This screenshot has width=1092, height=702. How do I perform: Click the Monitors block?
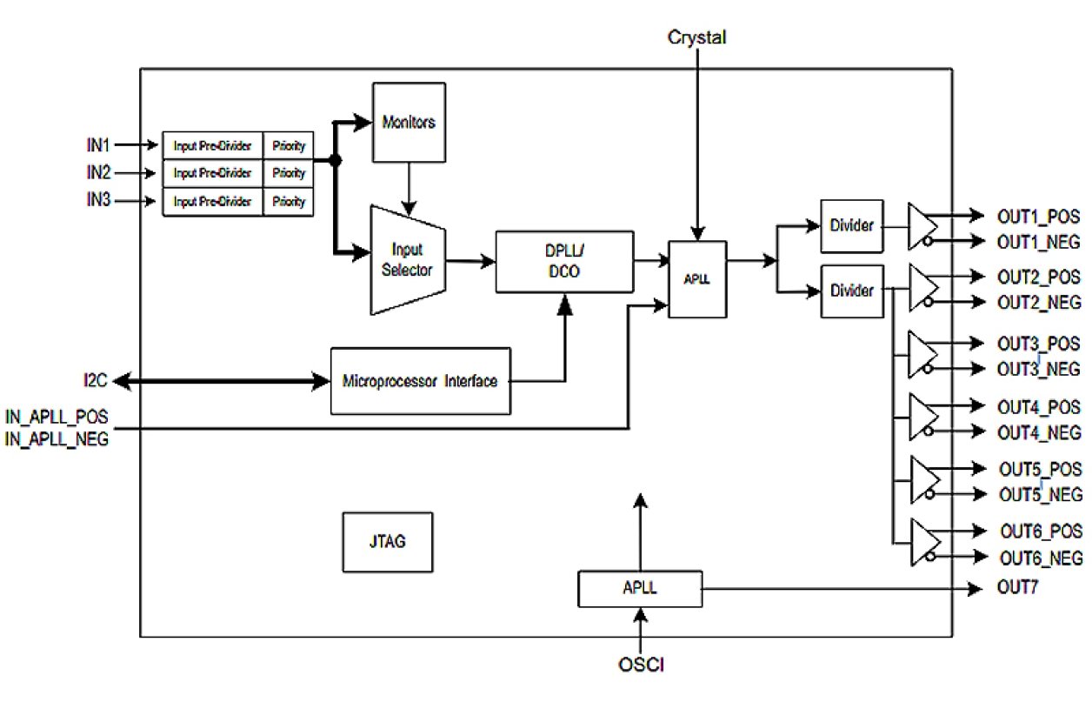(409, 122)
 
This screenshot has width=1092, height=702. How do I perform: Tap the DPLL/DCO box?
(565, 261)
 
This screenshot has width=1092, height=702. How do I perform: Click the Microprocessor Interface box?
(421, 381)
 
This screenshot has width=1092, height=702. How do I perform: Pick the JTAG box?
(387, 541)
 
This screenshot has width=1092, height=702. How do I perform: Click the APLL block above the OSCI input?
(639, 588)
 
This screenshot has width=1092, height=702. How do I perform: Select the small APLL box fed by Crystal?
(696, 279)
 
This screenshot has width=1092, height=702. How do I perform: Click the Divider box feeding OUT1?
(852, 226)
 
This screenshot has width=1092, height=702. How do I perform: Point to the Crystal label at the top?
(696, 37)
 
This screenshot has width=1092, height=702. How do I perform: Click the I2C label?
(92, 380)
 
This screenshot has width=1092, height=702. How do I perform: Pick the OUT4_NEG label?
(1039, 432)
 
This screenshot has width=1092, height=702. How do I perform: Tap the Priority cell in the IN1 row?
(288, 144)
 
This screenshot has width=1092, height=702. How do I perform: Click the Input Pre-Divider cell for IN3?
(213, 202)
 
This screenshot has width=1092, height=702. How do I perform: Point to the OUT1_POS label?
(1039, 215)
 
